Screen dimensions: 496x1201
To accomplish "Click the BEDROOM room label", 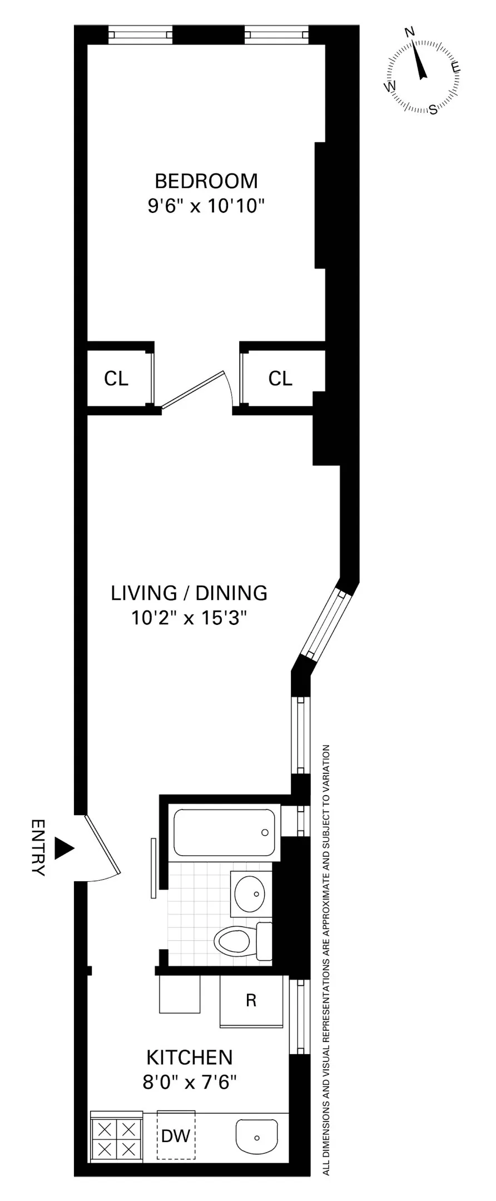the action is tap(206, 181).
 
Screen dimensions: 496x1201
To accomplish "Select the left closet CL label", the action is tap(116, 379).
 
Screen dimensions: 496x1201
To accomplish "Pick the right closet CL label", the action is tap(280, 379).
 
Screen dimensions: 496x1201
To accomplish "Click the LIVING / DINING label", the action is tap(189, 593).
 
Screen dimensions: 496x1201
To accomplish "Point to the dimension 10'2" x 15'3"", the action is tap(189, 618).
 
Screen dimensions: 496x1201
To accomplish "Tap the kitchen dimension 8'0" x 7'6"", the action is tap(190, 1083).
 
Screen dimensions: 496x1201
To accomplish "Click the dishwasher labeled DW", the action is tap(176, 1135).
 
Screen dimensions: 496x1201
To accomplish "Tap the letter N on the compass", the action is tap(411, 32).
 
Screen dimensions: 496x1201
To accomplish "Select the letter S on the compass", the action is tap(433, 110).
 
